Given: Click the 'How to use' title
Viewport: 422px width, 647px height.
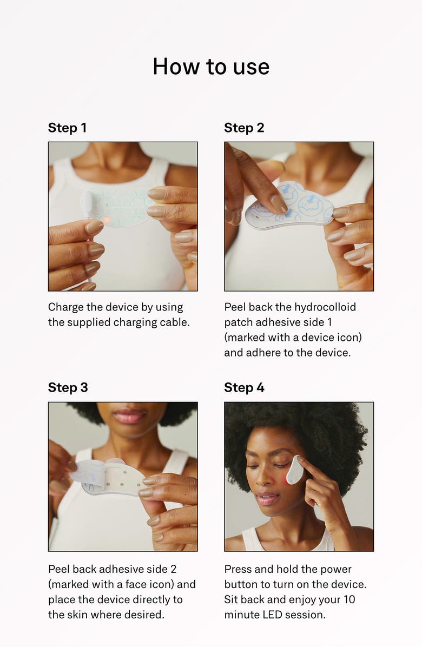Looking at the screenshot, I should click(x=211, y=67).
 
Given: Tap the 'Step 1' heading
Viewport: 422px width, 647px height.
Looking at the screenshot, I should click(x=67, y=128).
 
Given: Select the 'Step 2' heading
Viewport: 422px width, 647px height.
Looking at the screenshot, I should click(x=244, y=128).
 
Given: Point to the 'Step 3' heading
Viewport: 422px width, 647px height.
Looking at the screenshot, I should click(x=68, y=387).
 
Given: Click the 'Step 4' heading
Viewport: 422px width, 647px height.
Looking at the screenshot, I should click(x=244, y=387).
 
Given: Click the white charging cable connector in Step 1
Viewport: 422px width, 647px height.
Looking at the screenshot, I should click(x=87, y=203).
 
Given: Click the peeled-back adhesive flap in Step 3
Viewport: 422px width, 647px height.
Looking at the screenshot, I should click(x=89, y=471).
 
